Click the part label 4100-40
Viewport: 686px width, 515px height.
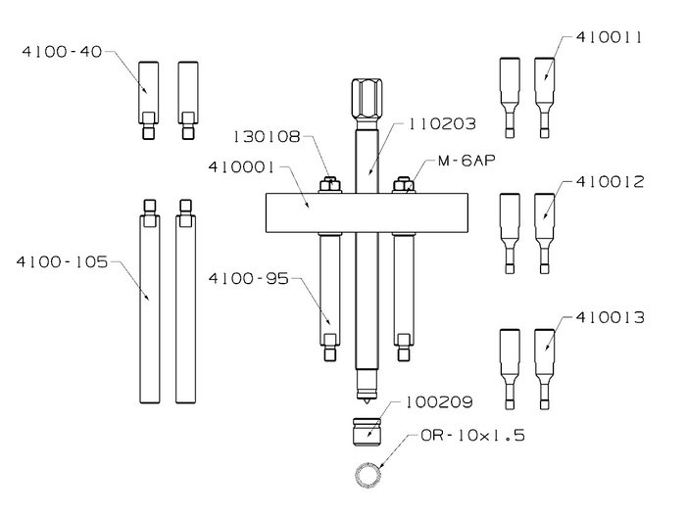click(62, 52)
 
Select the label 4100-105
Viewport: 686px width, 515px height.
click(62, 262)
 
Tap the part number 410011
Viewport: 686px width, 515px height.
click(609, 37)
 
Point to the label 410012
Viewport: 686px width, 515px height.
click(610, 182)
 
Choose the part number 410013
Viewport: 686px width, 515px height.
click(610, 317)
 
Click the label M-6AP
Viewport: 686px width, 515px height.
click(466, 161)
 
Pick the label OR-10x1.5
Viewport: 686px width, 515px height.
click(472, 436)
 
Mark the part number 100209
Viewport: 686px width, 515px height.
click(439, 402)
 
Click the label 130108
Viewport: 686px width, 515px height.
click(267, 137)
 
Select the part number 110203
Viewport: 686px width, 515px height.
click(442, 124)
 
